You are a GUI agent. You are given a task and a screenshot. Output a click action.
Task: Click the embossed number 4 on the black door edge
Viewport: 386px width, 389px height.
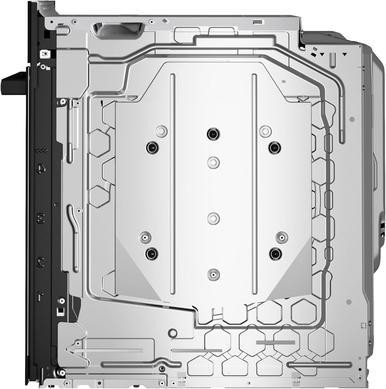click(x=41, y=169)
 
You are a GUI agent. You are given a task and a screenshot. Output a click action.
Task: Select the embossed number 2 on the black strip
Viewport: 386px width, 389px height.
click(x=41, y=262)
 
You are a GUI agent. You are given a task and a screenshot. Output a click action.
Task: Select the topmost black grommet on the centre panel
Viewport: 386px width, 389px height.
click(x=213, y=134)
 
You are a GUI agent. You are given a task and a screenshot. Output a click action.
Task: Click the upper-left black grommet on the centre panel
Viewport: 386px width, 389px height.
click(x=152, y=147)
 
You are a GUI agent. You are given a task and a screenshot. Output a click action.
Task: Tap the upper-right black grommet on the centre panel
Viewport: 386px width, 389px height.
click(x=274, y=147)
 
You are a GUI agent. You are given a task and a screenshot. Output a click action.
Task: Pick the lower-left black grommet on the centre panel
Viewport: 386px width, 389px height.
click(x=152, y=254)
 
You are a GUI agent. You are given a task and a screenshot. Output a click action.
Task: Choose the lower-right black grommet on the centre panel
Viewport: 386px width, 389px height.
click(x=275, y=254)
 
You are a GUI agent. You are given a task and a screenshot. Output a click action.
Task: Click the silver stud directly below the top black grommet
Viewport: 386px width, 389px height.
click(x=213, y=163)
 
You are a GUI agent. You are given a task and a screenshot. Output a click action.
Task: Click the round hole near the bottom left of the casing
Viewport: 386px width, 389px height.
click(x=172, y=333)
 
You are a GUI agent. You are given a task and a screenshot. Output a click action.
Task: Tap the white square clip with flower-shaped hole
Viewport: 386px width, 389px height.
click(x=46, y=54)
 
